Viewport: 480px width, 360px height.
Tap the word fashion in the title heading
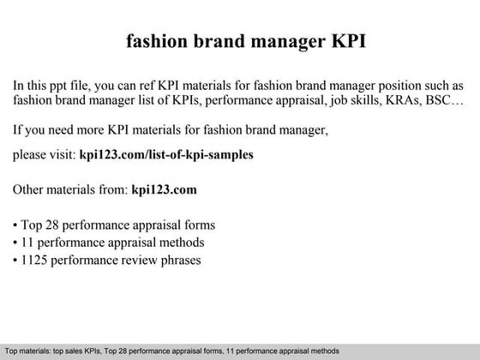point(157,42)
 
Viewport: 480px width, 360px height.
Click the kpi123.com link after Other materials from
point(165,189)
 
